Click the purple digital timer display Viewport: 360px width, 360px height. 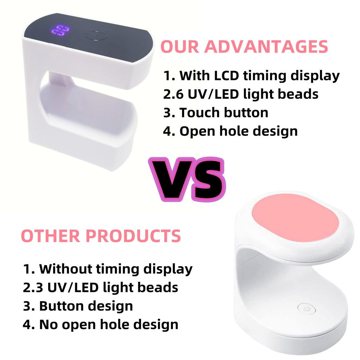[59, 31]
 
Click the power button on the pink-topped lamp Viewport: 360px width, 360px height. [304, 308]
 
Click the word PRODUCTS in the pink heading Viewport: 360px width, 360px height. [133, 236]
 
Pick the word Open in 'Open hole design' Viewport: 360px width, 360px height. [197, 131]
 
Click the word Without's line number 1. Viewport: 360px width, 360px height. [27, 269]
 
